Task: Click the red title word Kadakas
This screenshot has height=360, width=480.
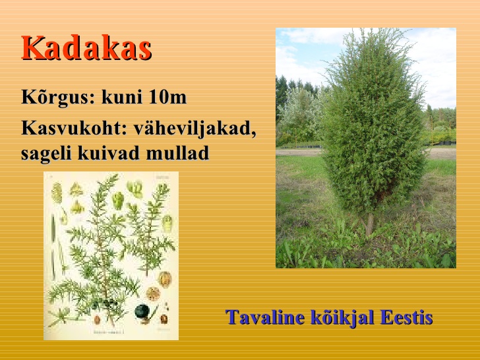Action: tap(86, 47)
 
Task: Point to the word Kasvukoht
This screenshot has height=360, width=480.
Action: tap(74, 128)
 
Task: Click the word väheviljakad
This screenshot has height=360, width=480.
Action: tap(195, 129)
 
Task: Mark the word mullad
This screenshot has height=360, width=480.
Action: tap(177, 153)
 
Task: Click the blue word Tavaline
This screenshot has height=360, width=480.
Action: tap(265, 317)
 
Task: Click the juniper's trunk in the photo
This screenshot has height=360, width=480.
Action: tap(369, 224)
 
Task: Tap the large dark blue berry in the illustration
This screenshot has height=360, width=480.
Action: tap(142, 311)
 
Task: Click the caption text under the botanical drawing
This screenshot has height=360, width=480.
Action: tap(109, 332)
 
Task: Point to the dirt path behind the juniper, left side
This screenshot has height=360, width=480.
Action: tap(299, 152)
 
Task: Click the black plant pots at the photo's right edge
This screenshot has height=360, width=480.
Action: tap(446, 142)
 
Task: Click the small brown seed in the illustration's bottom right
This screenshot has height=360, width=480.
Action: tap(164, 319)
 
